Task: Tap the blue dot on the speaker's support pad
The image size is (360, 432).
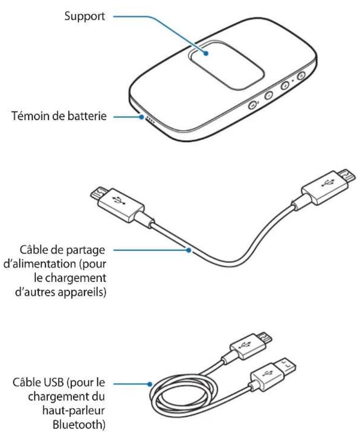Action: click(206, 53)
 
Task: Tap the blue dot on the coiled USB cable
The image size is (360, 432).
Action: click(150, 384)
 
